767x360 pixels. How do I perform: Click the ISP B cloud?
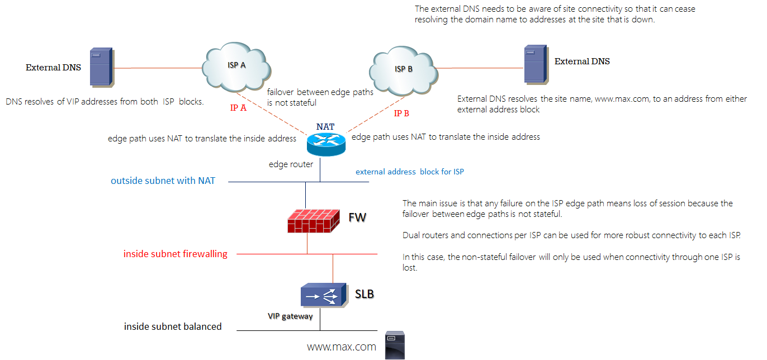(x=403, y=69)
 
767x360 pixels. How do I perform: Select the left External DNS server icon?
(x=101, y=67)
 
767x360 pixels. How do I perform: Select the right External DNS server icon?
(x=534, y=65)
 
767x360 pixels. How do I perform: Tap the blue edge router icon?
(x=326, y=144)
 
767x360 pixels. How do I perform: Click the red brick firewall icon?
(x=313, y=219)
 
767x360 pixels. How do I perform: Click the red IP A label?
(x=238, y=108)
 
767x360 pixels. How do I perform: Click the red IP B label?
(x=401, y=113)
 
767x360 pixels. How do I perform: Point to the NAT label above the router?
(x=325, y=127)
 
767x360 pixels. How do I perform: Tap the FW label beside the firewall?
(x=357, y=217)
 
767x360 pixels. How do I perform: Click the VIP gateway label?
(x=290, y=316)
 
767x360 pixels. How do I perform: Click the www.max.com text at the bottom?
(x=341, y=347)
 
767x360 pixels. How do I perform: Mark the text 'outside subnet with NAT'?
(x=163, y=181)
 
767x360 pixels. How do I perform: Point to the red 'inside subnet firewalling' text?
(x=175, y=254)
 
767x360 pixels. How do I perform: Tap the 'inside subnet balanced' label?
(x=173, y=326)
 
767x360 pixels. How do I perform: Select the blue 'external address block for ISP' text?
(x=410, y=172)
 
